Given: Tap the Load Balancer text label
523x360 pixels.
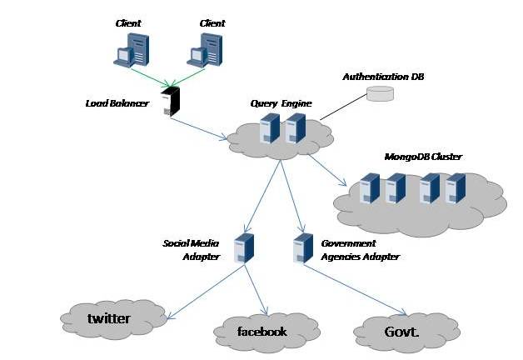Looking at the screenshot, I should tap(117, 103).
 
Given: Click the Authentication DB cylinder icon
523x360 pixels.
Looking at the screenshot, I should tap(380, 93).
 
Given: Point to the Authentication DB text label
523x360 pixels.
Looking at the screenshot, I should tap(376, 77).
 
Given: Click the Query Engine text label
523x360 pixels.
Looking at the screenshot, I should tap(281, 103).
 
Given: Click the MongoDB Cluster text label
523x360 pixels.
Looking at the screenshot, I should tap(423, 156).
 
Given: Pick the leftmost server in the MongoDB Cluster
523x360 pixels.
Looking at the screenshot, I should tap(369, 188).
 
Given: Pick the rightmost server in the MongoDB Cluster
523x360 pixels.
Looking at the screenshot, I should tap(456, 188).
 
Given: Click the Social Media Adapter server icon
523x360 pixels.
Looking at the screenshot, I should tap(244, 248).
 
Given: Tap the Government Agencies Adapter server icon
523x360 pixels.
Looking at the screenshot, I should tap(303, 248).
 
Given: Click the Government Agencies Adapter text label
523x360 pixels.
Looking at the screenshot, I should tap(360, 250).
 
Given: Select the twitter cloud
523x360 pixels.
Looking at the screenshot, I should tap(114, 317).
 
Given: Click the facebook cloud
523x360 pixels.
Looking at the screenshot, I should tap(262, 332).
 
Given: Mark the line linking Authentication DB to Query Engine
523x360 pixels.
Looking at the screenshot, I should tap(342, 107).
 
